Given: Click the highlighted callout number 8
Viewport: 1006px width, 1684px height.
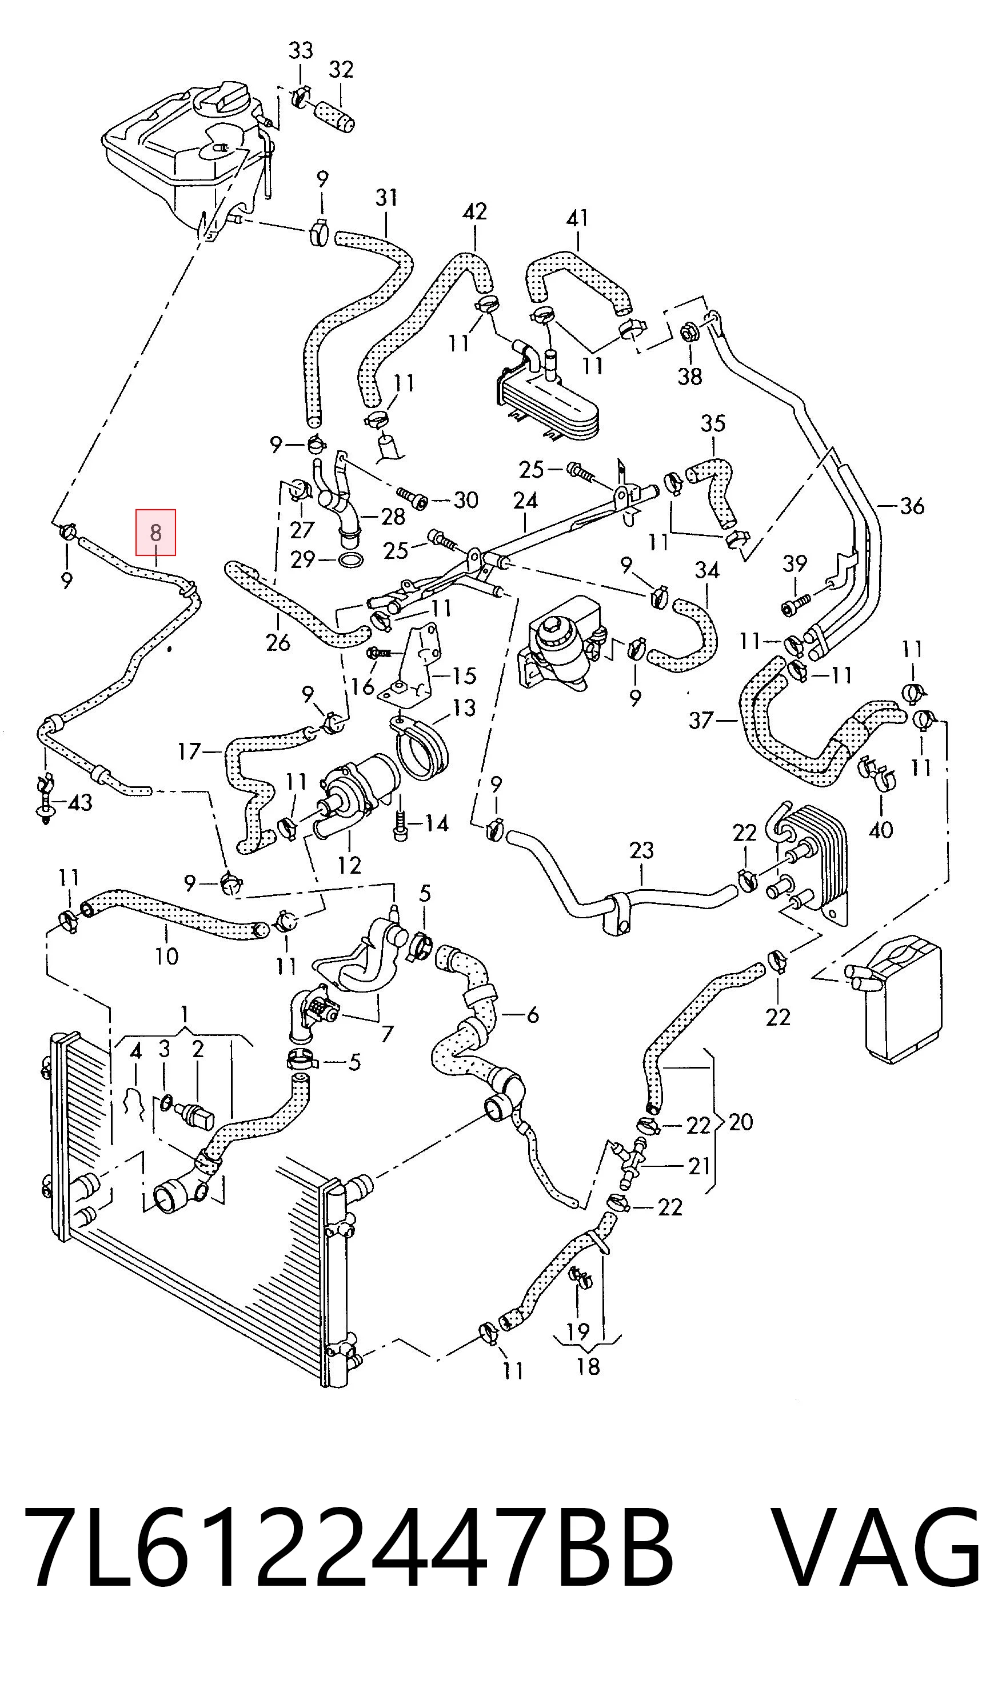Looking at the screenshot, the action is click(156, 533).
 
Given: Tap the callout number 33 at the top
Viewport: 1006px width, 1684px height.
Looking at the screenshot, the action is click(301, 51).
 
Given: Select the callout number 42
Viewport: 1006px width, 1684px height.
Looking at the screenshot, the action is click(474, 211).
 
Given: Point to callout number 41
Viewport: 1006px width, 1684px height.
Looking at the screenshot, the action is click(577, 218).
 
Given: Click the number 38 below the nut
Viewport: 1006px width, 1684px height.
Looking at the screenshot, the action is click(690, 376).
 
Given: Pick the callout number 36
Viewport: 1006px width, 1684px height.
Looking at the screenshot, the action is click(912, 506).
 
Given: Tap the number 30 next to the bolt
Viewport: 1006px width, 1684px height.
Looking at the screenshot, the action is click(466, 500).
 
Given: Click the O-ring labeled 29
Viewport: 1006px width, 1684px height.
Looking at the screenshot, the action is click(349, 561).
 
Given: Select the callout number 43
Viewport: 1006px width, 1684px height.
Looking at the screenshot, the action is click(80, 803).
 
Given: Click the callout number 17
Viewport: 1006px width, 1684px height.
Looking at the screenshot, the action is click(189, 751).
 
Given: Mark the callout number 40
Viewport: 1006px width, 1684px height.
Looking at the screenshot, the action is click(881, 830).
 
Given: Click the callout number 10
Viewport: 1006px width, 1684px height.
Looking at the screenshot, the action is click(167, 956).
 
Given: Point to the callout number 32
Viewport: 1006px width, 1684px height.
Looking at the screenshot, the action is click(341, 69).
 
